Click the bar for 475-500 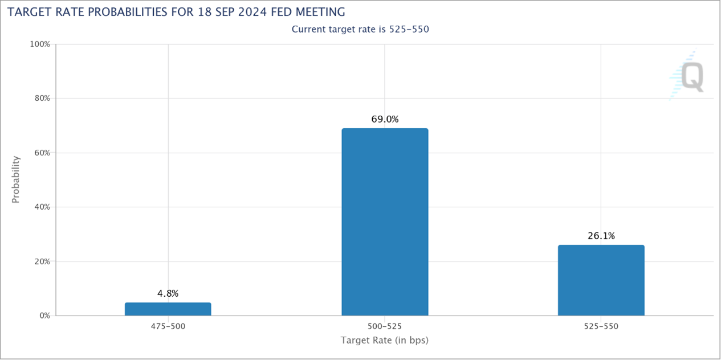pos(168,309)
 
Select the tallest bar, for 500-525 pos(385,222)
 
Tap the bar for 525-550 pos(601,280)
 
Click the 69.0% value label pos(385,120)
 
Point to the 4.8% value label pos(168,293)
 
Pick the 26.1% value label pos(601,236)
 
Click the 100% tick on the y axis pos(40,44)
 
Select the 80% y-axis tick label pos(42,99)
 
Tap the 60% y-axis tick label pos(42,153)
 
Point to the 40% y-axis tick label pos(42,207)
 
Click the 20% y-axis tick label pos(42,261)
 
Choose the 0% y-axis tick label pos(44,316)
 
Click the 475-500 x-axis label pos(168,326)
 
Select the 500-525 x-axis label pos(385,326)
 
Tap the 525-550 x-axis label pos(601,326)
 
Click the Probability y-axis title pos(16,179)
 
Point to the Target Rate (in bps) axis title pos(385,341)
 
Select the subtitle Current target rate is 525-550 pos(360,29)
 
